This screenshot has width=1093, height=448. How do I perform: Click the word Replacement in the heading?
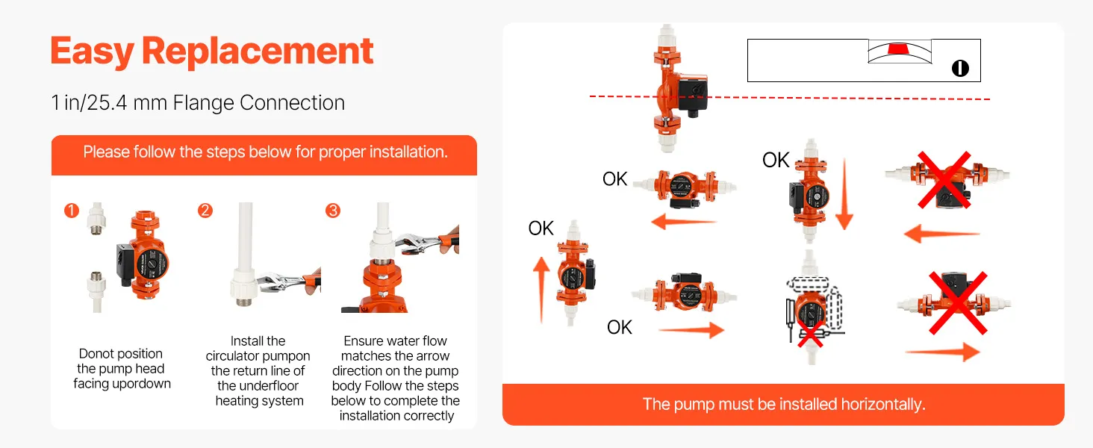[258, 52]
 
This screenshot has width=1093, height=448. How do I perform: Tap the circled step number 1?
[72, 211]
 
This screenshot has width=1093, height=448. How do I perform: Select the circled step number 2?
[205, 211]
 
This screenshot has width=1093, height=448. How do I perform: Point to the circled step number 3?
[333, 211]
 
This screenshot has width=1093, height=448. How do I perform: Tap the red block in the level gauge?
[900, 49]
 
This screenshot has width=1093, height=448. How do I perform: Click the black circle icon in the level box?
[960, 69]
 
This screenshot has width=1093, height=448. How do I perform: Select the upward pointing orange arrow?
[541, 290]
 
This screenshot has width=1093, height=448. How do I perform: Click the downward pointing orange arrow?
[844, 194]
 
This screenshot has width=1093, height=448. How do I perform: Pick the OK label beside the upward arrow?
[541, 228]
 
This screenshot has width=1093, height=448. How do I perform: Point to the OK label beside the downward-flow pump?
[776, 160]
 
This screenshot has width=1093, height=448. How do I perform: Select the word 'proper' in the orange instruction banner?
[341, 152]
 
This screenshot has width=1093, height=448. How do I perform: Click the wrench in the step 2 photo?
[289, 282]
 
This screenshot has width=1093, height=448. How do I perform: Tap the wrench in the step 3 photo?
[428, 243]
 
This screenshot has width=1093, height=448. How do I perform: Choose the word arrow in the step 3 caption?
[433, 356]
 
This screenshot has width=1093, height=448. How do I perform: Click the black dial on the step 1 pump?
[152, 264]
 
